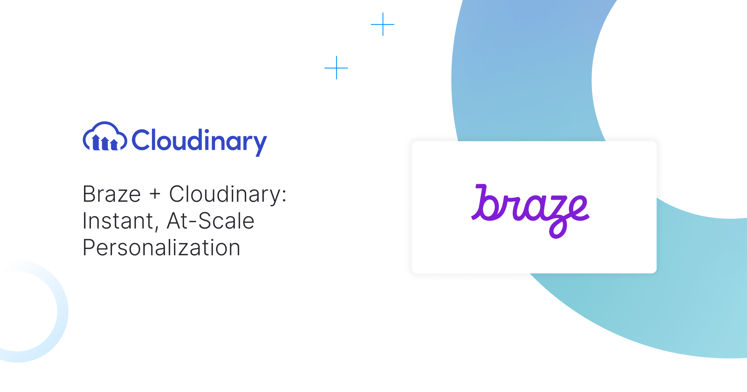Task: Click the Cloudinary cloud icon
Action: pyautogui.click(x=105, y=137)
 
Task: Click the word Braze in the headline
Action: pyautogui.click(x=112, y=194)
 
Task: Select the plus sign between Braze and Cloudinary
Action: pyautogui.click(x=155, y=194)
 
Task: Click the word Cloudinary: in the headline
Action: pyautogui.click(x=228, y=194)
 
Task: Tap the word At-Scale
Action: pyautogui.click(x=211, y=221)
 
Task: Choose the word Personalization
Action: pyautogui.click(x=162, y=248)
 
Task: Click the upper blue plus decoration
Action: pyautogui.click(x=383, y=24)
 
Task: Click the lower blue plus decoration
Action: pyautogui.click(x=336, y=68)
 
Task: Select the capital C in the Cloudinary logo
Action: pyautogui.click(x=142, y=140)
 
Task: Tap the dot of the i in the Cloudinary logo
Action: pyautogui.click(x=207, y=131)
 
